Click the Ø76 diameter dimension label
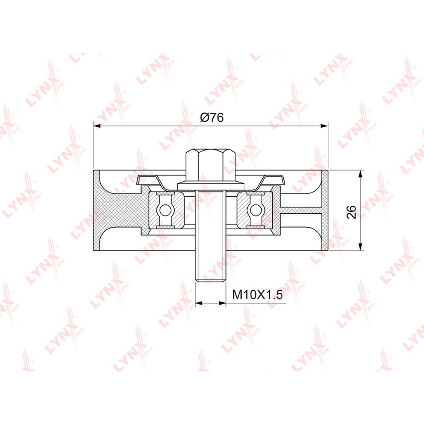[x=212, y=117]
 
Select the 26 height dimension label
[x=351, y=212]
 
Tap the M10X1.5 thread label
[x=257, y=294]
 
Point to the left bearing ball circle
[x=165, y=209]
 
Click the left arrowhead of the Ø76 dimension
[x=97, y=126]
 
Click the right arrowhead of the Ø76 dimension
[x=324, y=126]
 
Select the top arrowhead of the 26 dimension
[x=360, y=174]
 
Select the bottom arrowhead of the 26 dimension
[x=360, y=246]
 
